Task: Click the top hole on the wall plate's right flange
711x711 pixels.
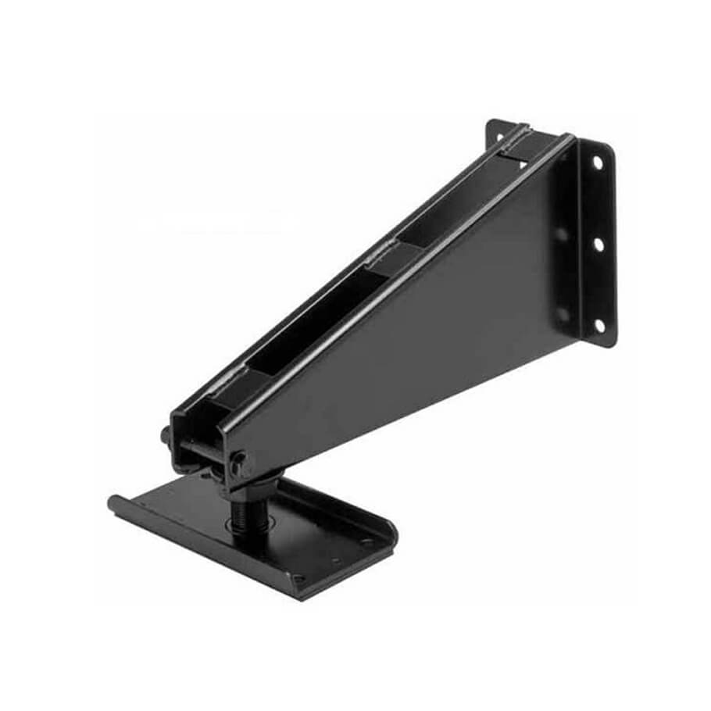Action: pos(598,163)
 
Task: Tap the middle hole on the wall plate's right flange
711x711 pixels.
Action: pos(598,245)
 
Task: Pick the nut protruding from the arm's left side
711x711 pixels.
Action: pos(166,434)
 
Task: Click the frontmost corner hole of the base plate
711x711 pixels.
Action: pos(297,579)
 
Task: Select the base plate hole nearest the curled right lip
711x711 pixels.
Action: pos(364,541)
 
